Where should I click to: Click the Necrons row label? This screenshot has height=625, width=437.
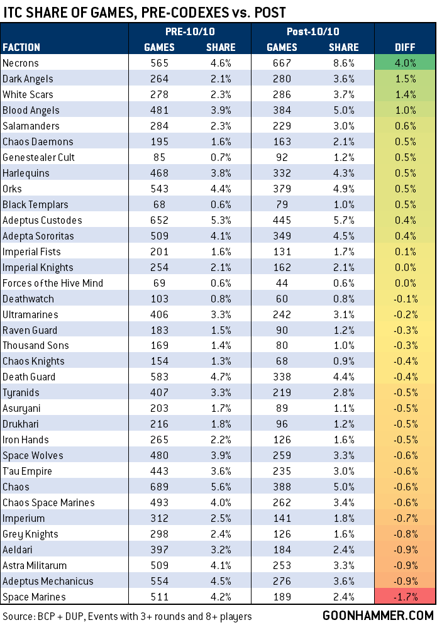tap(21, 63)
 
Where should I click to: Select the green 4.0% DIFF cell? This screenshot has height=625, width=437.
tap(406, 63)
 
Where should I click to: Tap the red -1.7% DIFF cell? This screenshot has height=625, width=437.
tap(406, 597)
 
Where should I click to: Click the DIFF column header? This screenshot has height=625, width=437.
tap(406, 47)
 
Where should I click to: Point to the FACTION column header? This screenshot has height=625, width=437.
tap(21, 47)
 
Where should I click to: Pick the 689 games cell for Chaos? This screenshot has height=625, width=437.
tap(155, 487)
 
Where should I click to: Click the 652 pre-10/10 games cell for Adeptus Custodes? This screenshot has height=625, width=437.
tap(155, 220)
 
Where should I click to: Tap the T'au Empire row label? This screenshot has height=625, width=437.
tap(27, 471)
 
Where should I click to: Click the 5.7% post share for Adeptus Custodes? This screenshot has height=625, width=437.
tap(343, 220)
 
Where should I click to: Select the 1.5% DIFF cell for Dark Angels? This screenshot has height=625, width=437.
tap(406, 79)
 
